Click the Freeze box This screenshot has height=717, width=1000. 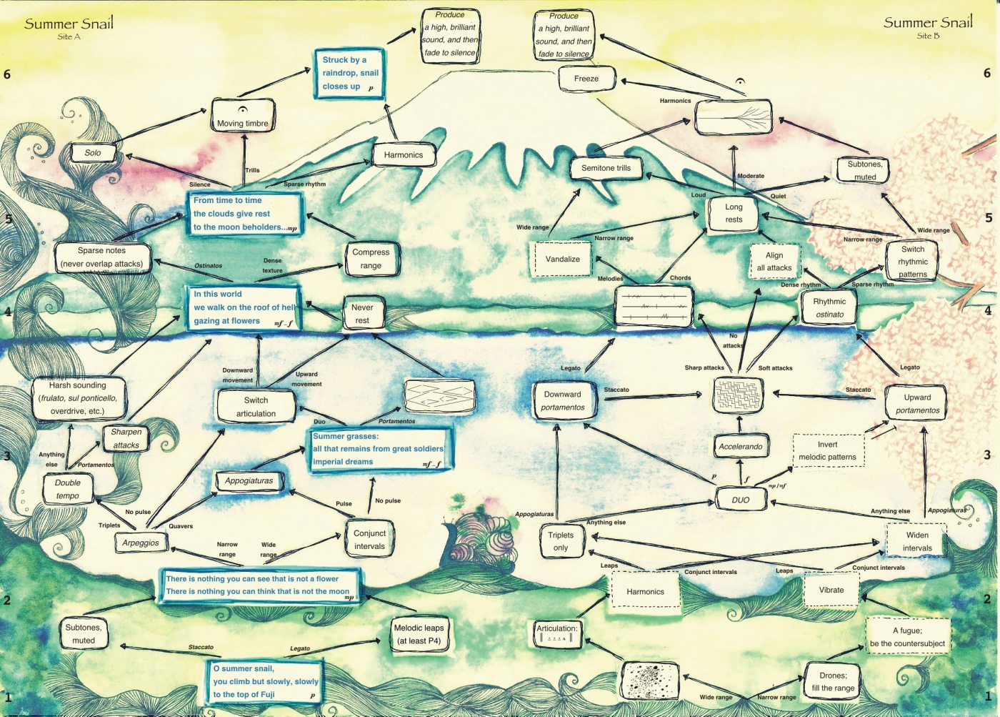[586, 79]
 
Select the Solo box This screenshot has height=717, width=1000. [93, 152]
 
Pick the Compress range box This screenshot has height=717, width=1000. [371, 259]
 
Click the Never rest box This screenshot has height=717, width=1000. [362, 314]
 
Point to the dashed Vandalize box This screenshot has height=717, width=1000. [562, 259]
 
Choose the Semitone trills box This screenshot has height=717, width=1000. [606, 168]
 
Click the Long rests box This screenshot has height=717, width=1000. [734, 213]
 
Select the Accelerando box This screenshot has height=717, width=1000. [740, 447]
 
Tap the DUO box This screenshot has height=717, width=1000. [741, 500]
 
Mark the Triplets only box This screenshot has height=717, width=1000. [561, 541]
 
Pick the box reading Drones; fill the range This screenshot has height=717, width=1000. [833, 681]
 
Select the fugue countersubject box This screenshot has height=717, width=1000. [907, 637]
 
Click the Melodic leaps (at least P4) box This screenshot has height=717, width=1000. [419, 634]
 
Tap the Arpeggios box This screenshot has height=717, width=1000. [141, 543]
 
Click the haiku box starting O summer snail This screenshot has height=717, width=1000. [264, 681]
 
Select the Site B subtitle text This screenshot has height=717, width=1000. [928, 36]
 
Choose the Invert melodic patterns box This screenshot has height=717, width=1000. [828, 450]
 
